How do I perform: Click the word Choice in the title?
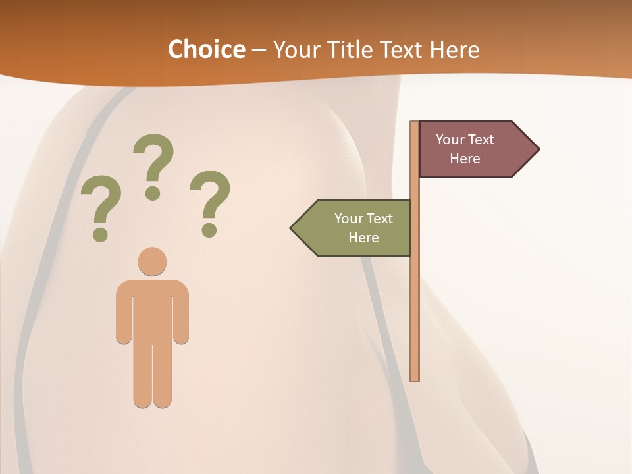click(x=206, y=49)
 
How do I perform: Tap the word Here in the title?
click(x=455, y=49)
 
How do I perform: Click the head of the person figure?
click(x=152, y=261)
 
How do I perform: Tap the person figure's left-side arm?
click(x=123, y=316)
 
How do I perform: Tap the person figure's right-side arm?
click(x=182, y=316)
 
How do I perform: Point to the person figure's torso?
click(x=152, y=309)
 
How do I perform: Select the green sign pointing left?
click(x=355, y=228)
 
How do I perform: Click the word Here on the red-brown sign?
click(x=465, y=159)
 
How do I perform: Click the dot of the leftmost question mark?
click(x=100, y=234)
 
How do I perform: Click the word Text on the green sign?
click(x=379, y=219)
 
